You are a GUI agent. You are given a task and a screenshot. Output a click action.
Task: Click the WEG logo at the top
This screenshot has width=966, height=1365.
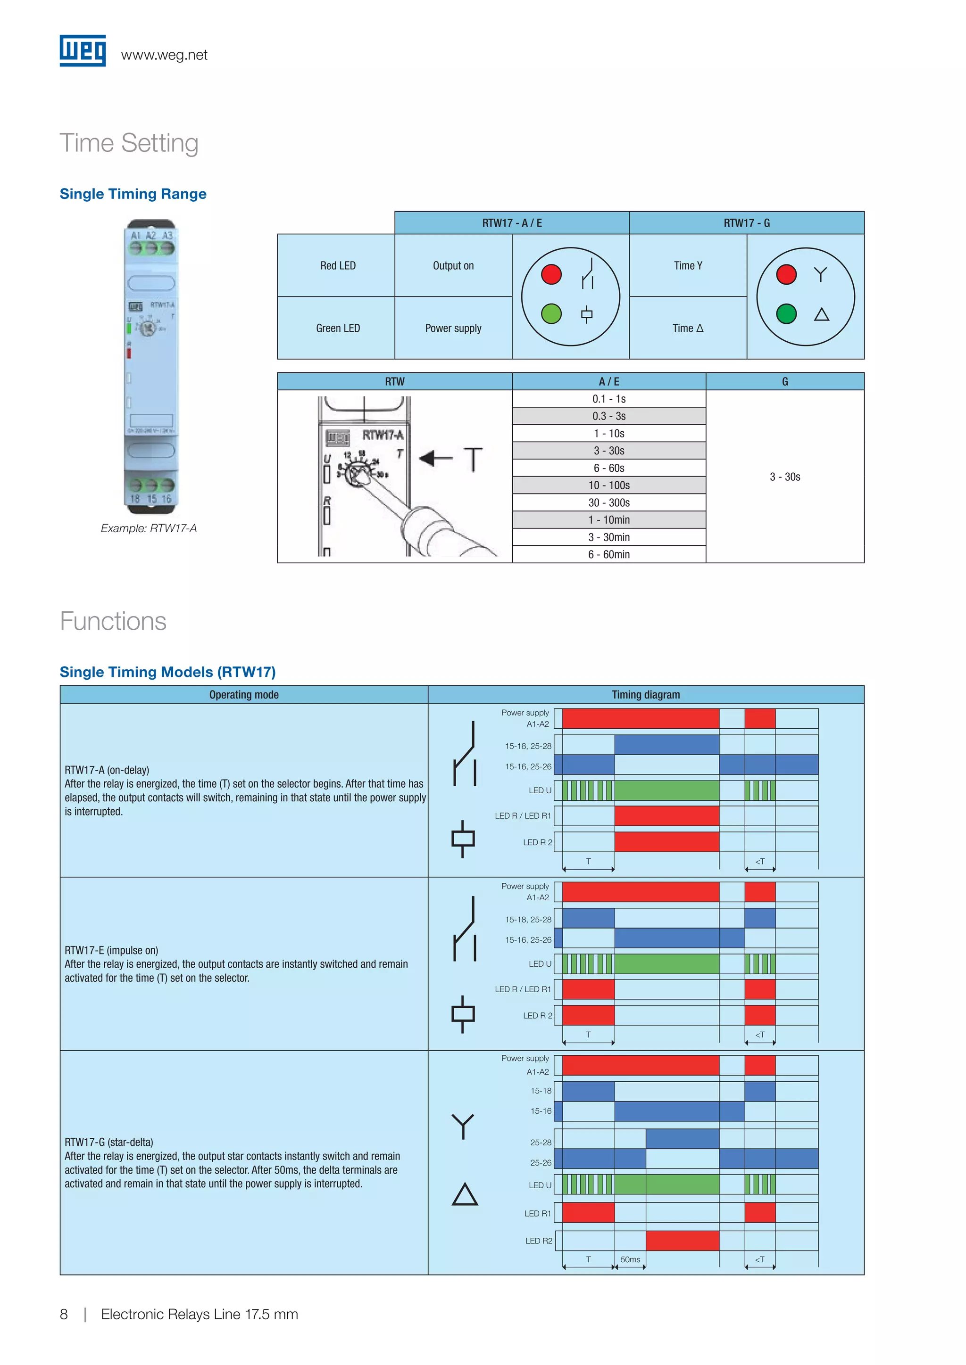click(83, 50)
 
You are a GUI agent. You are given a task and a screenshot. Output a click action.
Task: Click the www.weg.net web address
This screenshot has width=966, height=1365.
click(164, 55)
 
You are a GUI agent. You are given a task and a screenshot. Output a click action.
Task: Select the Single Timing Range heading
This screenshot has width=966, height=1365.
click(133, 194)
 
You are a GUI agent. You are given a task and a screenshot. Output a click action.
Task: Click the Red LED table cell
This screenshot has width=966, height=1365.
click(337, 266)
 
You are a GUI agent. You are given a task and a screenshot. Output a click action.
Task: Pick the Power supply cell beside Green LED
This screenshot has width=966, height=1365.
click(453, 328)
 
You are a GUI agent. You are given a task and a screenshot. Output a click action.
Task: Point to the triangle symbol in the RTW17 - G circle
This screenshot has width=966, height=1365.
click(822, 314)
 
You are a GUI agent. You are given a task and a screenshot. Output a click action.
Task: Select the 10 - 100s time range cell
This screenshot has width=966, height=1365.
click(608, 485)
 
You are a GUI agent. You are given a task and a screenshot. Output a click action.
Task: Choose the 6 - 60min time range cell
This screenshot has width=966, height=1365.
click(608, 554)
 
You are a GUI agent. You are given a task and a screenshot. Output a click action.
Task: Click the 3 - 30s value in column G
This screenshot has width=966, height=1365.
click(784, 477)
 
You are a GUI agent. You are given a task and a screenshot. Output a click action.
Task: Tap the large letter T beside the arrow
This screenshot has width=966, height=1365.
click(473, 459)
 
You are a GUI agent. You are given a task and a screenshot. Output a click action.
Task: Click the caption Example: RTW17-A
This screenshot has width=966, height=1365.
click(149, 528)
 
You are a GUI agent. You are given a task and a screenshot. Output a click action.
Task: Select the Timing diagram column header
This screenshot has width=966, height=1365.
click(645, 694)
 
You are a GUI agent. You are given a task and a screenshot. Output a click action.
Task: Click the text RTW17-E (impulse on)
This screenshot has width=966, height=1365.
click(111, 950)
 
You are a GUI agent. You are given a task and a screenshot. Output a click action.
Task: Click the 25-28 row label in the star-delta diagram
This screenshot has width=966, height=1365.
click(541, 1142)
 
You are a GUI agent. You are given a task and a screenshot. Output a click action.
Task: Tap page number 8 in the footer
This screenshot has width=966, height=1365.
click(64, 1315)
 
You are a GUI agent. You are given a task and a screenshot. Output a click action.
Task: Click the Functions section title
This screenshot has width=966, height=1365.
click(113, 621)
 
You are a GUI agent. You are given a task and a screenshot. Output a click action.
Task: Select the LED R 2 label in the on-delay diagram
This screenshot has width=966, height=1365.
click(537, 842)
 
